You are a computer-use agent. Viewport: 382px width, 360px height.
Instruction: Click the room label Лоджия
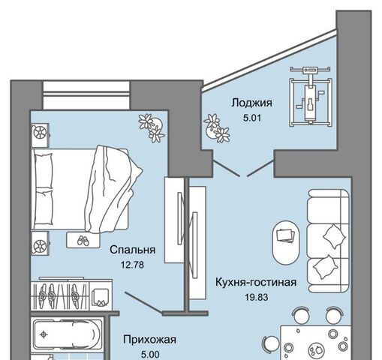(x=251, y=103)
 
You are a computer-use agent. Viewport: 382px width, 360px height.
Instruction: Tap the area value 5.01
(x=252, y=118)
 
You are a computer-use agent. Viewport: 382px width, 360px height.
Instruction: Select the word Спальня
(x=133, y=250)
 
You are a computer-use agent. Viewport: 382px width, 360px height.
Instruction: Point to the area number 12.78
(x=132, y=265)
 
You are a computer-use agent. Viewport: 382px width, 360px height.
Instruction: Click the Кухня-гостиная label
(x=256, y=282)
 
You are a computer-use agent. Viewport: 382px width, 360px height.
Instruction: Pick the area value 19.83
(x=257, y=298)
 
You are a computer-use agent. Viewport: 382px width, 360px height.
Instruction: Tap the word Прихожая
(x=149, y=340)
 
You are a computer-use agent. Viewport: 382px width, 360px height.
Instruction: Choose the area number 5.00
(x=150, y=355)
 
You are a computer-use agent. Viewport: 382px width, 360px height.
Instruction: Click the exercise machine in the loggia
(x=311, y=96)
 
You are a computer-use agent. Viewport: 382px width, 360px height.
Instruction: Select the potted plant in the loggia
(x=217, y=128)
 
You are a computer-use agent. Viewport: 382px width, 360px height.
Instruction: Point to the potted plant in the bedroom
(x=152, y=127)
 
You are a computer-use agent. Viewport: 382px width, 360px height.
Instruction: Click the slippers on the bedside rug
(x=83, y=241)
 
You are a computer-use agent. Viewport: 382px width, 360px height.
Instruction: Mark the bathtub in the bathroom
(x=67, y=334)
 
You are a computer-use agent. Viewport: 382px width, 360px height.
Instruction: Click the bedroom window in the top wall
(x=86, y=95)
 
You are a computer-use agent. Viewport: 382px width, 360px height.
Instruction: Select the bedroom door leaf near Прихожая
(x=143, y=302)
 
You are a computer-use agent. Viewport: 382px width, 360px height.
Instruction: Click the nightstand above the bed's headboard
(x=40, y=135)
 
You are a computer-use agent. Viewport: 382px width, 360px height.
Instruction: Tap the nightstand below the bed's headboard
(x=40, y=243)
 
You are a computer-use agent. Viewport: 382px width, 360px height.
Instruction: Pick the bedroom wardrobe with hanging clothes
(x=72, y=294)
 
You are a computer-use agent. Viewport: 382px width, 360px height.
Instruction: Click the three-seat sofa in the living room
(x=328, y=241)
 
